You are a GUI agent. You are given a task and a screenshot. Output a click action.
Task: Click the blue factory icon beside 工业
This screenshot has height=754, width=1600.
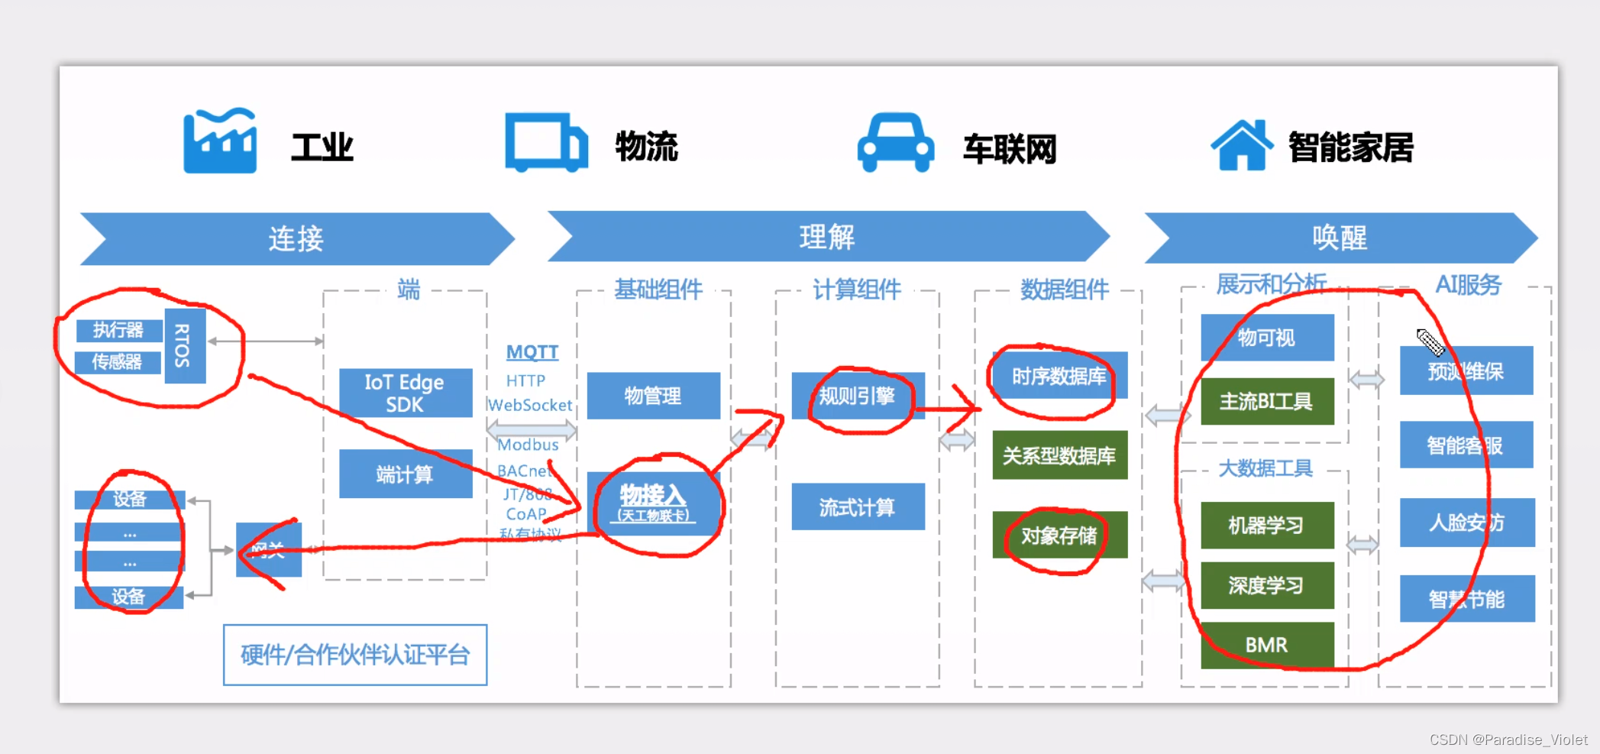pos(220,141)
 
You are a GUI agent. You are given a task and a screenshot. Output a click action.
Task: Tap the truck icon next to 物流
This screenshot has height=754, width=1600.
pos(546,142)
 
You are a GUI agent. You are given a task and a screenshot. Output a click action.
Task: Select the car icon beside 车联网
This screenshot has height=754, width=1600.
pos(895,143)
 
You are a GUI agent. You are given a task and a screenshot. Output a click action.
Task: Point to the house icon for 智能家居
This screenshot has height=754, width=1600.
pos(1242,144)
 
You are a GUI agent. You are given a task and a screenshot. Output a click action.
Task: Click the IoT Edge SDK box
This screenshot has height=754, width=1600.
pos(405,393)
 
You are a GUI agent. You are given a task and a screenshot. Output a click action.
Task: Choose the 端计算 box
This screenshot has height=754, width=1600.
pos(405,474)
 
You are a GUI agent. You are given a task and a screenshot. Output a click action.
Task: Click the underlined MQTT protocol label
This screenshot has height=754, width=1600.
pos(532,352)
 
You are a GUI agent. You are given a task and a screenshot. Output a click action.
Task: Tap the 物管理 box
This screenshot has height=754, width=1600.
pos(653,396)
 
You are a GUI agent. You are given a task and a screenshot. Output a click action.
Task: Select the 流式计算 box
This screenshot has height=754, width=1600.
pos(857,507)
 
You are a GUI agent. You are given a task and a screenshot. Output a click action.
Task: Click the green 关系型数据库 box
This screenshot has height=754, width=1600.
pos(1059,456)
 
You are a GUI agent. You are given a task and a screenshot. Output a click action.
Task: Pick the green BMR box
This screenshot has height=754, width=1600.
pos(1266,645)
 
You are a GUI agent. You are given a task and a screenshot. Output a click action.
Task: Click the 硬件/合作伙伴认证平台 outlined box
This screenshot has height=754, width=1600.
pos(355,655)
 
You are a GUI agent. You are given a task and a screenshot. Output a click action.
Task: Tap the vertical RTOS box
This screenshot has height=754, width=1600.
pos(184,346)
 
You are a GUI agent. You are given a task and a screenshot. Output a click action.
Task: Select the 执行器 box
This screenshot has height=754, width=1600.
pos(118,330)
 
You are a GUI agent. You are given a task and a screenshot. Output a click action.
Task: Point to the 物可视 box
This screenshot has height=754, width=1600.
pos(1266,338)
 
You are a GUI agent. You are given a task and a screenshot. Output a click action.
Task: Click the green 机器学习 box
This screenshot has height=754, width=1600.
pos(1266,525)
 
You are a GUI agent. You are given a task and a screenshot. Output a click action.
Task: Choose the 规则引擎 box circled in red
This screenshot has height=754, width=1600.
pos(857,396)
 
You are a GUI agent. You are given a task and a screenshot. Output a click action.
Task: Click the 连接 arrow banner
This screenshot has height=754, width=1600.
pos(296,239)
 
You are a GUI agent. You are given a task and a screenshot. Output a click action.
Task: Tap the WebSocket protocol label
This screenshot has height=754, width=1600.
pos(530,405)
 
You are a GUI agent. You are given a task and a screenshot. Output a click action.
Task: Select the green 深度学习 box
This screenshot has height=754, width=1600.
pos(1266,585)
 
